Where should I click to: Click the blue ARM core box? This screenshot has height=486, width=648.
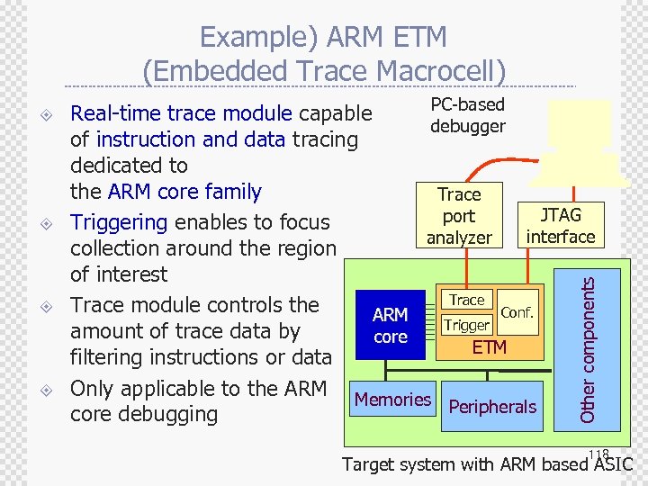pos(390,325)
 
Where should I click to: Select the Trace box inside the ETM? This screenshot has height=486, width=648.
pos(466,300)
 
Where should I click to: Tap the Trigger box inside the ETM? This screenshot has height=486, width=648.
pos(467,325)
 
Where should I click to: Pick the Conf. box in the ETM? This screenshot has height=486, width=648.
pos(517,311)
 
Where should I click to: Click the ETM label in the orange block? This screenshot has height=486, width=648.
pos(490,347)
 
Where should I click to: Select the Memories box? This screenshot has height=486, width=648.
pos(392,400)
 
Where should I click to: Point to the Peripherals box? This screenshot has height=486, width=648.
pos(492,407)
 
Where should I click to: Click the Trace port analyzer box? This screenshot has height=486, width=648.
pos(459,216)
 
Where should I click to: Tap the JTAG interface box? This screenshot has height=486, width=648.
pos(561,226)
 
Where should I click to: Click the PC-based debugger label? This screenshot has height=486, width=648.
pos(467,115)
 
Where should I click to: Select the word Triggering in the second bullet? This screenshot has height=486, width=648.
pos(119,222)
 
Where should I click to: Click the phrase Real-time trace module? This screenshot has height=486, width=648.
pos(181,113)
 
